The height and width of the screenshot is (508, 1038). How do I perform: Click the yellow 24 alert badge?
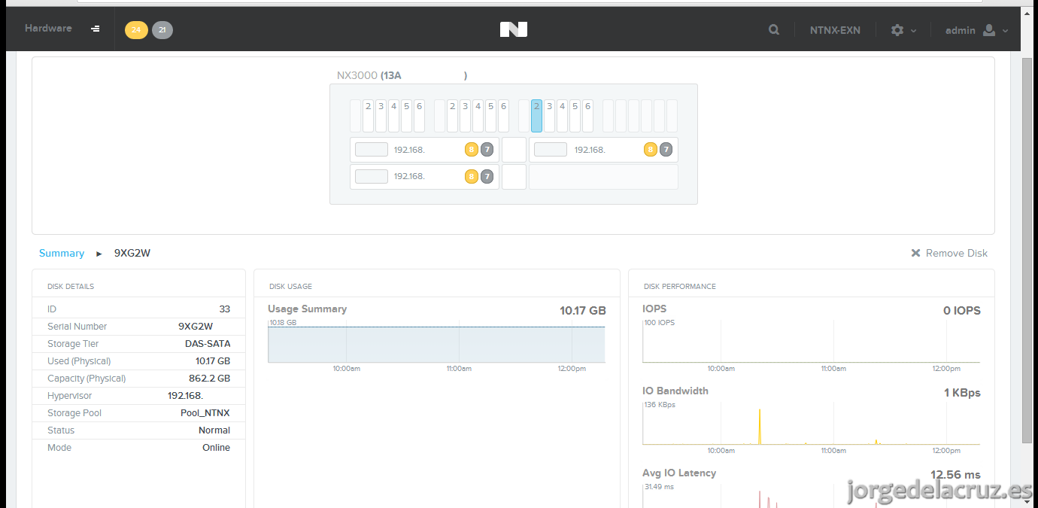pyautogui.click(x=136, y=30)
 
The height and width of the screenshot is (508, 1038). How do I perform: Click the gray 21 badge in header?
pyautogui.click(x=162, y=30)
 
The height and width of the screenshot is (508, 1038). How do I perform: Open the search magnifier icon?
pyautogui.click(x=773, y=30)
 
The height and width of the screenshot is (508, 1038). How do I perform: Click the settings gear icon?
pyautogui.click(x=897, y=30)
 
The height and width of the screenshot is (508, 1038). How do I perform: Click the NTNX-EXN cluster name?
pyautogui.click(x=835, y=30)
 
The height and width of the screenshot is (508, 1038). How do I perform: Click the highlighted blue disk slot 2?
pyautogui.click(x=536, y=115)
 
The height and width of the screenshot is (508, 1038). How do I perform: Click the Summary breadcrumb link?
pyautogui.click(x=62, y=253)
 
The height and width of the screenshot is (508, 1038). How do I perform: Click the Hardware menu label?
pyautogui.click(x=48, y=29)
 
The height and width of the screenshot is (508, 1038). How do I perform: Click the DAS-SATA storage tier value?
pyautogui.click(x=208, y=343)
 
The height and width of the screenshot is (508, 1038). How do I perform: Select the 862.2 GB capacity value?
pyautogui.click(x=209, y=379)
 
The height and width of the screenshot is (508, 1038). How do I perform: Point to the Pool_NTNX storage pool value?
pyautogui.click(x=205, y=413)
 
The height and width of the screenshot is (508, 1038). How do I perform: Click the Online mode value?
pyautogui.click(x=216, y=447)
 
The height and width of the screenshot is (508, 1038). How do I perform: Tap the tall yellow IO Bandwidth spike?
pyautogui.click(x=760, y=427)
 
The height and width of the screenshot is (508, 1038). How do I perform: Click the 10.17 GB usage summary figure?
pyautogui.click(x=582, y=311)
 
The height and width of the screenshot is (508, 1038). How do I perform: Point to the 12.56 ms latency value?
pyautogui.click(x=955, y=475)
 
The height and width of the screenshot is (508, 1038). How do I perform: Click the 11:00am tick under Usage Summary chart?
pyautogui.click(x=459, y=369)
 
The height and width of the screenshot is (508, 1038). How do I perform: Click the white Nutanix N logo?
pyautogui.click(x=514, y=29)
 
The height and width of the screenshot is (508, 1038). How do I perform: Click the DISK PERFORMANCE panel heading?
pyautogui.click(x=679, y=287)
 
